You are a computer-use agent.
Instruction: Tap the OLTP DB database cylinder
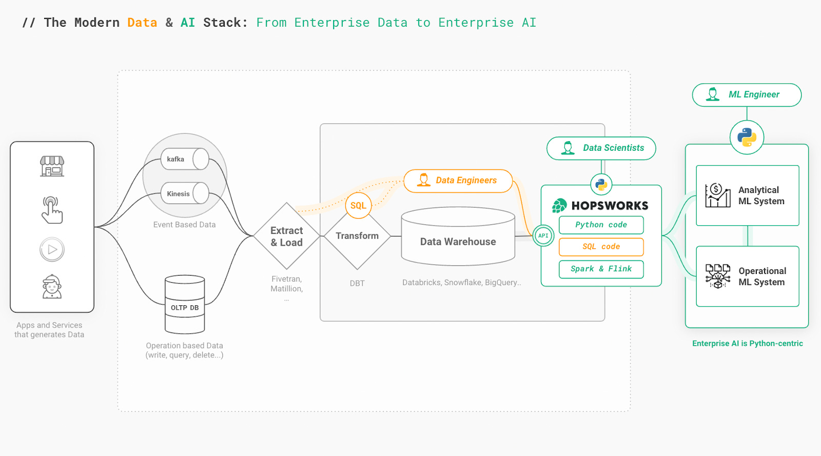(x=185, y=305)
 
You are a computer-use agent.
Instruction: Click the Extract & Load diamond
(x=287, y=236)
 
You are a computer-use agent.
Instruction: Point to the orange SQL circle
(x=358, y=206)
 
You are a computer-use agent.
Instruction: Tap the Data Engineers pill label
(x=458, y=181)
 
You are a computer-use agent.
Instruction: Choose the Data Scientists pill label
(x=601, y=148)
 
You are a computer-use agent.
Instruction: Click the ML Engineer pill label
(x=747, y=95)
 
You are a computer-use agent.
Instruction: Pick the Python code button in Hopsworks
(x=601, y=225)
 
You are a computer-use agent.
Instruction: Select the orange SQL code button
(x=601, y=247)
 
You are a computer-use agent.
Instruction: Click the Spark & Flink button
(x=601, y=269)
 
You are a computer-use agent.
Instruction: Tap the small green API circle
(x=543, y=235)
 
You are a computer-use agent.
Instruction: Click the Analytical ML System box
(x=747, y=195)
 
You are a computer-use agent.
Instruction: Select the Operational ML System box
(x=747, y=276)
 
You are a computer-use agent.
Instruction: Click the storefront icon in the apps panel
(x=52, y=166)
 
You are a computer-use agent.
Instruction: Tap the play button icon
(x=52, y=250)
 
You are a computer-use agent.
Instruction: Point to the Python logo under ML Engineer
(x=747, y=137)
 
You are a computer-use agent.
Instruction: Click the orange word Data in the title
(x=142, y=23)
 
